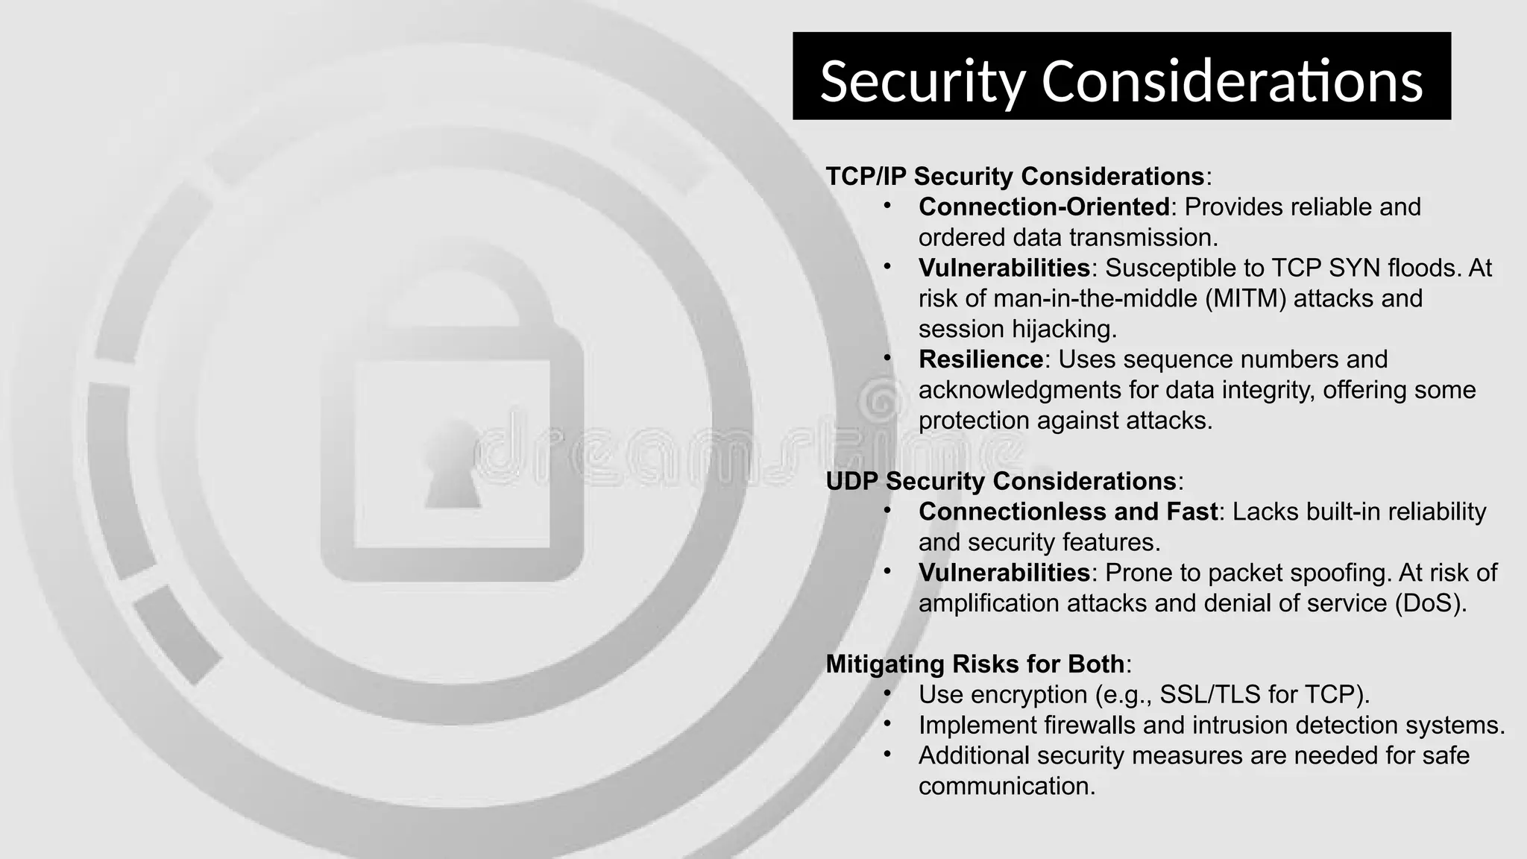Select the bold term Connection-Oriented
1044,207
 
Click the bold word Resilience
980,359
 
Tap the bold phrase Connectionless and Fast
1068,512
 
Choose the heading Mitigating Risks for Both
975,664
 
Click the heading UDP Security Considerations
1001,481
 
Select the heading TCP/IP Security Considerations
1015,176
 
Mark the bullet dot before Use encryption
887,693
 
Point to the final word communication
1007,786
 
